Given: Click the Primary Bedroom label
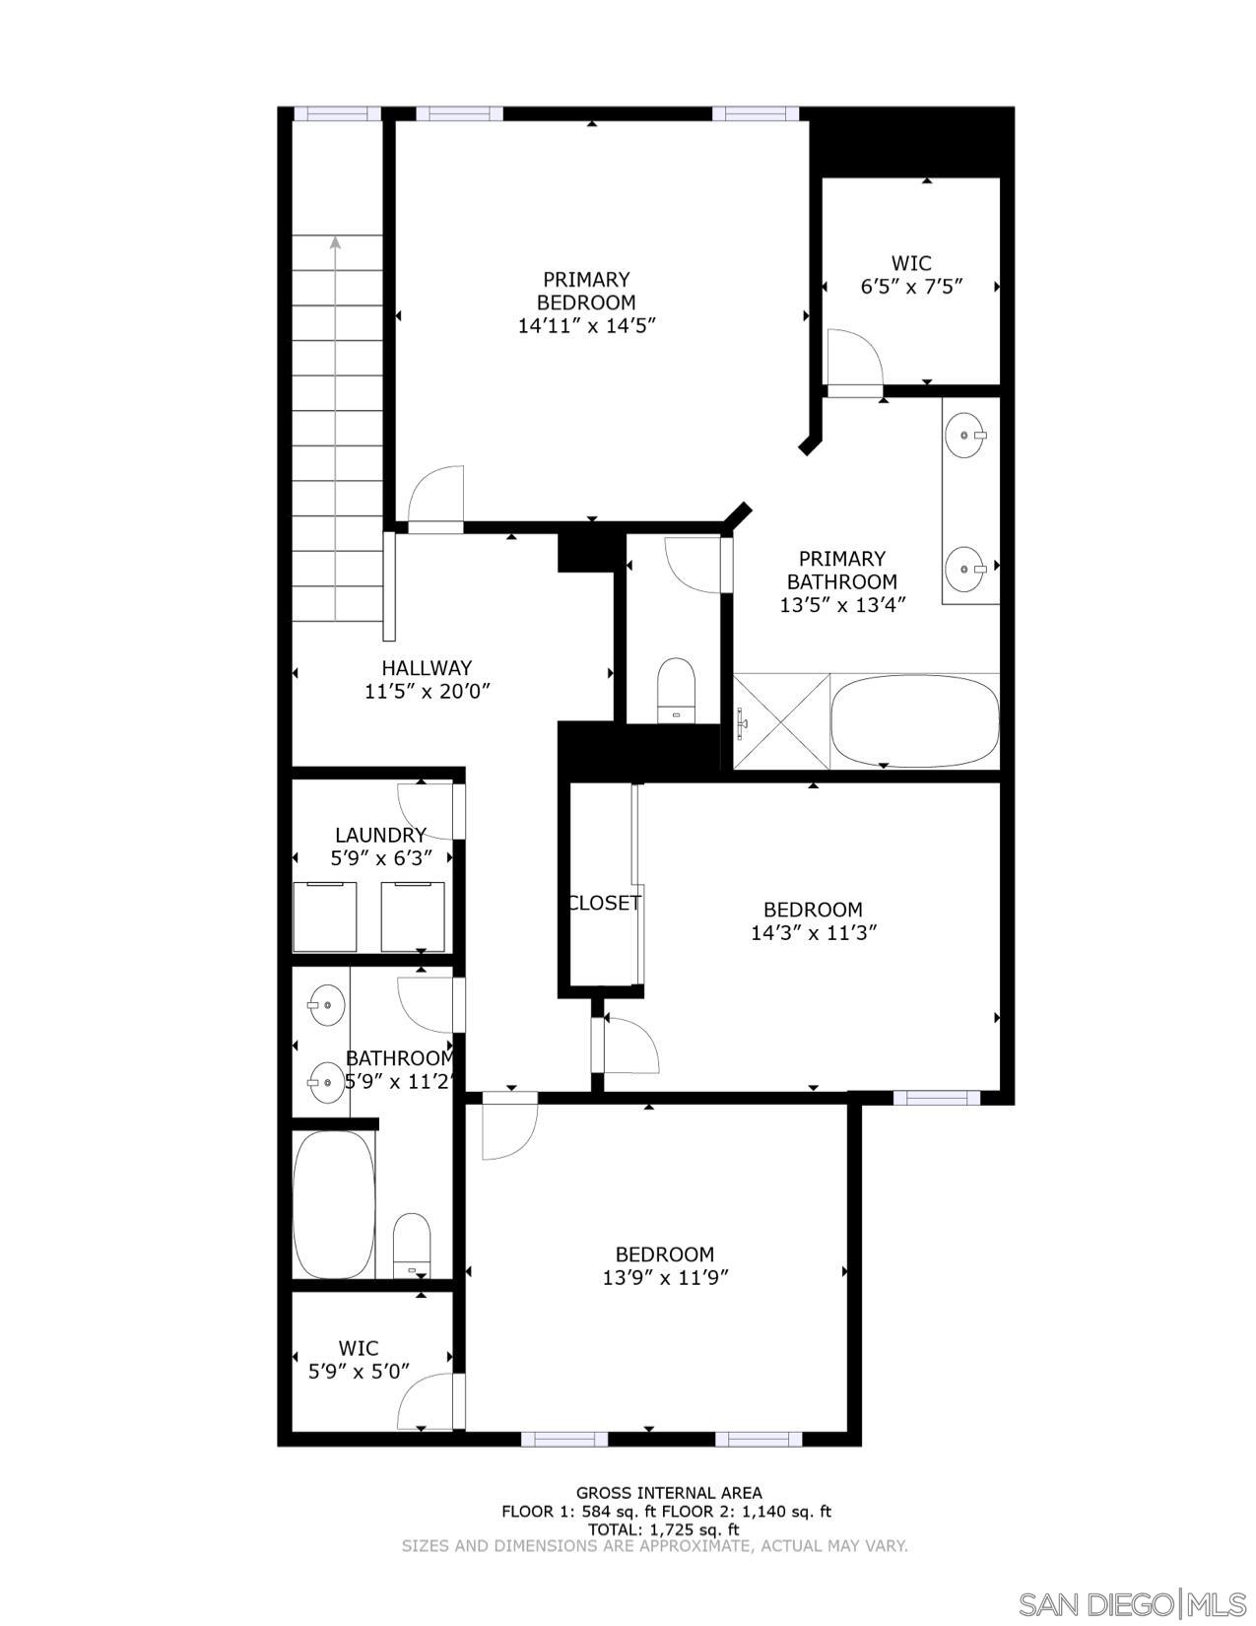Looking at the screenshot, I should click(x=586, y=291).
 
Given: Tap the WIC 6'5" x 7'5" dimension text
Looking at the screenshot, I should click(x=911, y=287).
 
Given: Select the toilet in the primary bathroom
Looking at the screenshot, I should click(x=676, y=689).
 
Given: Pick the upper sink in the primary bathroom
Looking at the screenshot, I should click(x=963, y=435).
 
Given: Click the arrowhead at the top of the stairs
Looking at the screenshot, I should click(x=336, y=241).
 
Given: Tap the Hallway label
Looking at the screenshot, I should click(x=427, y=668).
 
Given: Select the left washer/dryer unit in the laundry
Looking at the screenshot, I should click(x=325, y=916).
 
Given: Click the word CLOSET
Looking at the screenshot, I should click(x=604, y=903).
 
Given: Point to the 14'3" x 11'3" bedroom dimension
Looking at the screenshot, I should click(x=814, y=932).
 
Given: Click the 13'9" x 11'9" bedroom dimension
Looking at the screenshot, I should click(x=665, y=1278).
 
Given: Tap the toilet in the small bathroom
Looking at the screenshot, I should click(x=412, y=1244).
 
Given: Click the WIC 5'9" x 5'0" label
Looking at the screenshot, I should click(x=359, y=1359).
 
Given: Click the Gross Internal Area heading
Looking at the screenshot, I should click(x=669, y=1493).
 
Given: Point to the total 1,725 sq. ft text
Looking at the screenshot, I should click(x=664, y=1529).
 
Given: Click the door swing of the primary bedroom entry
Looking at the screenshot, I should click(x=436, y=498).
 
